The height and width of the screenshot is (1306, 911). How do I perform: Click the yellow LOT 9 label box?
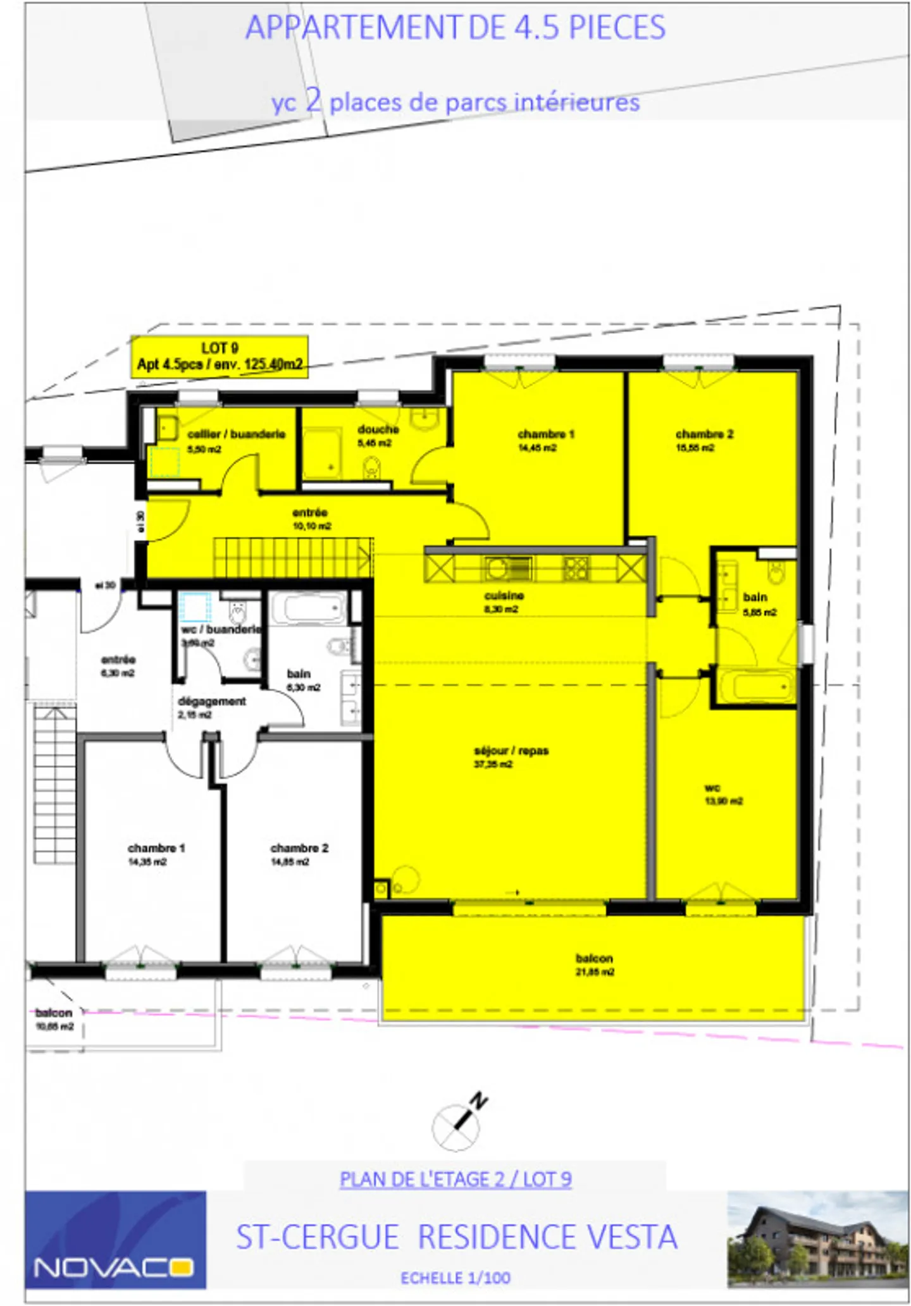220,357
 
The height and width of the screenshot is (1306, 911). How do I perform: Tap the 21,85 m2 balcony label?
594,964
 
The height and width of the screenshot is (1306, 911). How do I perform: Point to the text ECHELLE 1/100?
455,1278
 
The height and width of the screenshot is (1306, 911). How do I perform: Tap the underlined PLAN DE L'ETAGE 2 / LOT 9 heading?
455,1180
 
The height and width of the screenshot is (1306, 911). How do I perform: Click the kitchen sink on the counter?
507,568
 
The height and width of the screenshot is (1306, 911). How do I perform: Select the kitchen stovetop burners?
576,568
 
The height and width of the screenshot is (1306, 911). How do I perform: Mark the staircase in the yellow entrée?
292,557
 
